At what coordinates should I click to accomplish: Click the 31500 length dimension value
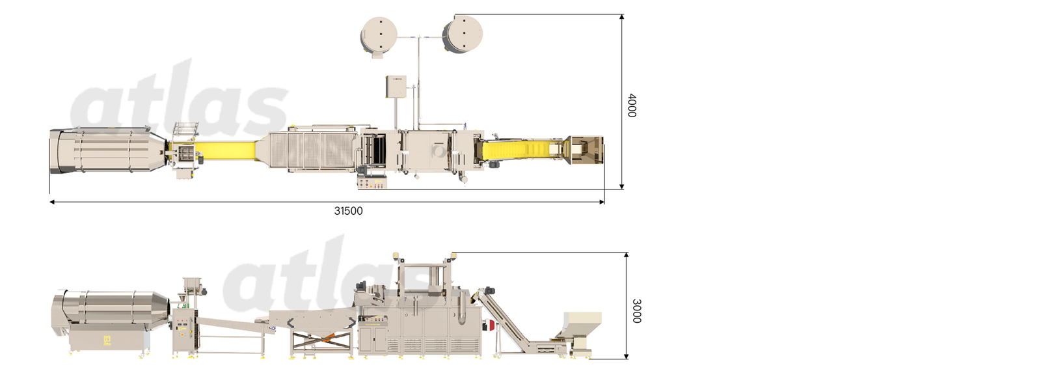[348, 211]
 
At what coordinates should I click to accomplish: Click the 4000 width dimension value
[632, 105]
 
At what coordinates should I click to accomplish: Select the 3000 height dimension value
[636, 311]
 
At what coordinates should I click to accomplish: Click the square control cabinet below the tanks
[396, 87]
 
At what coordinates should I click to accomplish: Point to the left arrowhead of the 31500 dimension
[52, 202]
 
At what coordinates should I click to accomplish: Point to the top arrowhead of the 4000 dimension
[622, 17]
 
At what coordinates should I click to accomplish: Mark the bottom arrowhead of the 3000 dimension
[627, 356]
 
